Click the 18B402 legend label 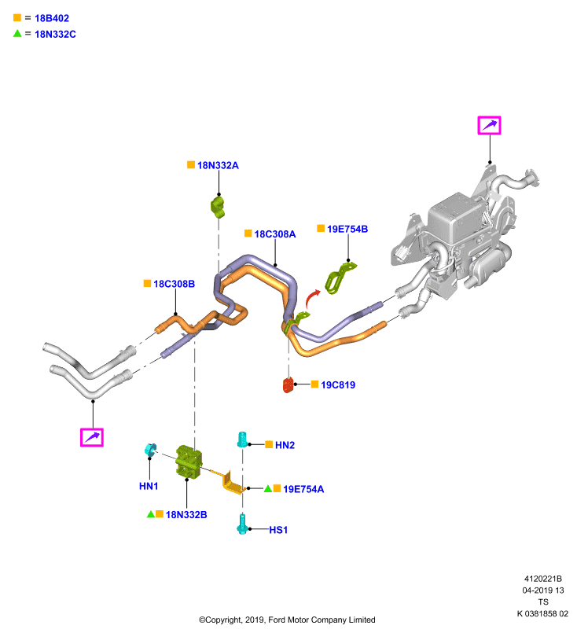pyautogui.click(x=52, y=18)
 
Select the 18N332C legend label pyautogui.click(x=55, y=35)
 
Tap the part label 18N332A pyautogui.click(x=218, y=165)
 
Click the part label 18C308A pyautogui.click(x=275, y=234)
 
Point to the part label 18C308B pyautogui.click(x=174, y=284)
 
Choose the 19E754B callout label pyautogui.click(x=347, y=229)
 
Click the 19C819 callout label pyautogui.click(x=338, y=385)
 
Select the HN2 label pyautogui.click(x=285, y=445)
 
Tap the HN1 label pyautogui.click(x=149, y=486)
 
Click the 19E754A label pyautogui.click(x=303, y=489)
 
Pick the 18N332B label pyautogui.click(x=186, y=515)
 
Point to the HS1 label pyautogui.click(x=278, y=530)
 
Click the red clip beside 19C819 pyautogui.click(x=288, y=385)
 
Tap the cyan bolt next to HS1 pyautogui.click(x=242, y=524)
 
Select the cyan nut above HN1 pyautogui.click(x=150, y=450)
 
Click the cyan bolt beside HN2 pyautogui.click(x=242, y=440)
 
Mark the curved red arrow pyautogui.click(x=311, y=297)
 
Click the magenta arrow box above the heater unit pyautogui.click(x=489, y=125)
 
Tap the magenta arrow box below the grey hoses pyautogui.click(x=92, y=437)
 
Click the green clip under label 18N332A pyautogui.click(x=218, y=207)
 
